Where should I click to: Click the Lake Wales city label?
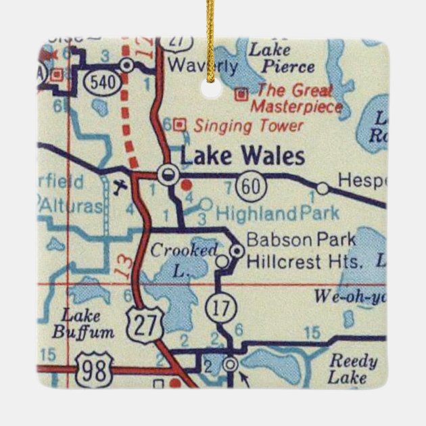241,157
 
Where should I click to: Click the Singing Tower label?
248,125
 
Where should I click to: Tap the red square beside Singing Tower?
179,124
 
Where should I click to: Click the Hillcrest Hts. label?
304,260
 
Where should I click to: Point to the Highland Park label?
278,214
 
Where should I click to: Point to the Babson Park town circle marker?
236,251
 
